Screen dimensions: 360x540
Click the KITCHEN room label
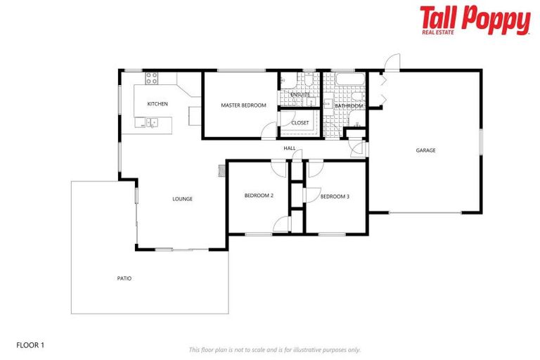(x=157, y=105)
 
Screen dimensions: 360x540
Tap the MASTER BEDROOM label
(x=243, y=105)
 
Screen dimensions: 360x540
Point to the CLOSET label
(x=300, y=123)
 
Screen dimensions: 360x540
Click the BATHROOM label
(x=349, y=106)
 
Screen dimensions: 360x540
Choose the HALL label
(x=290, y=149)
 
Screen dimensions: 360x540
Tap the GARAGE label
(x=425, y=150)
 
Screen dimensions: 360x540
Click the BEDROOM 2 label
(x=259, y=196)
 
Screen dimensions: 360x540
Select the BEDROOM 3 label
(x=335, y=197)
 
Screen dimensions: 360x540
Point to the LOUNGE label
(x=182, y=199)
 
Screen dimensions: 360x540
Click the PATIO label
(x=124, y=278)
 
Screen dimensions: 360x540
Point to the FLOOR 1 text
(x=30, y=345)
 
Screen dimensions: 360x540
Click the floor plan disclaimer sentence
(x=275, y=349)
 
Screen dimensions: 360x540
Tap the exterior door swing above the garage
(x=392, y=62)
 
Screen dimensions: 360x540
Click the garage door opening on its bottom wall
(x=425, y=212)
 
